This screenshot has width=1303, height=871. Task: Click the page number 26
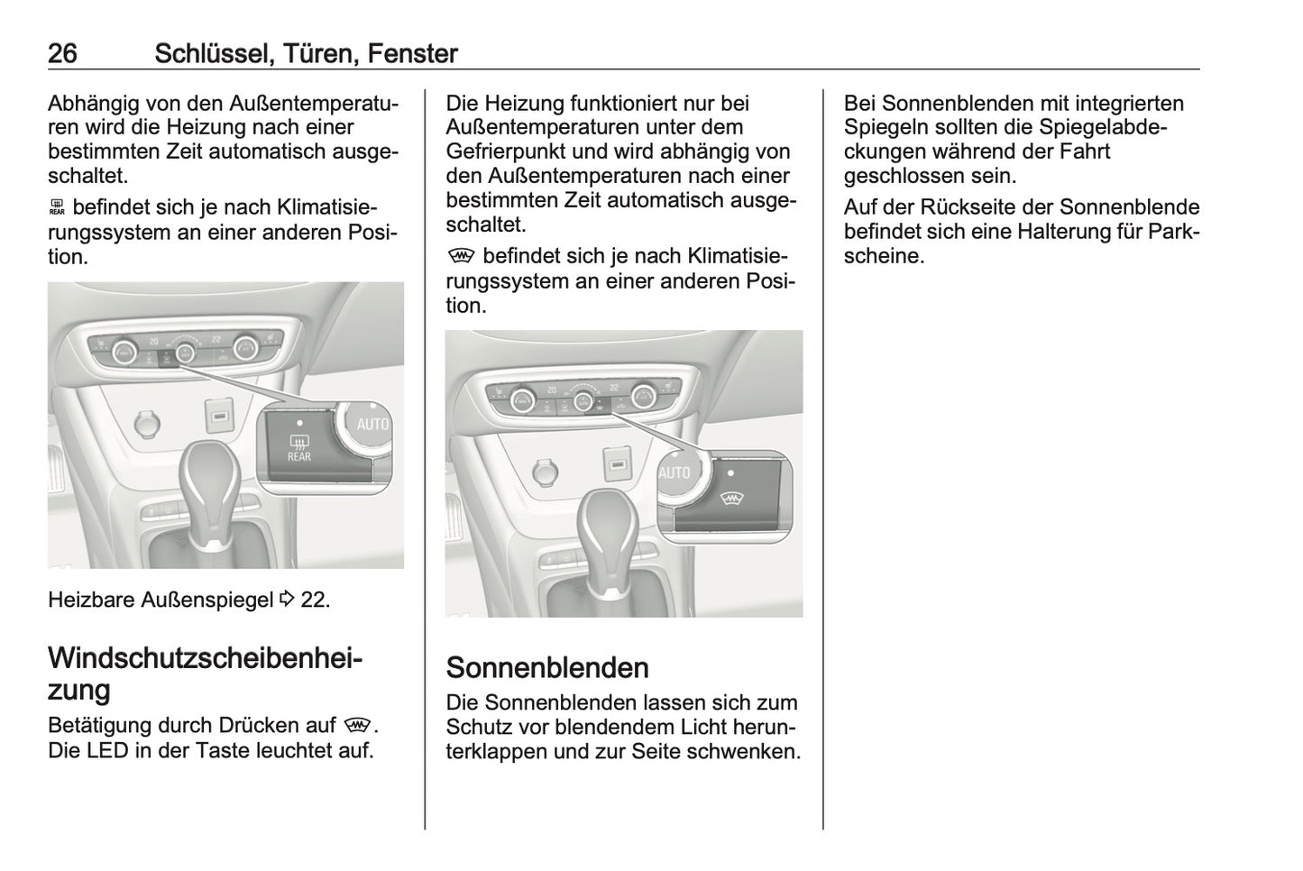coord(62,54)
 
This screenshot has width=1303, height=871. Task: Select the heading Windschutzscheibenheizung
coord(205,674)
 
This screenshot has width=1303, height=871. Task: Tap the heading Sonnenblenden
coord(546,667)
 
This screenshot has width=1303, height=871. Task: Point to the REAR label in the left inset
coord(298,457)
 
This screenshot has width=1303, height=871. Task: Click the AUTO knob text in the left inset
coord(372,424)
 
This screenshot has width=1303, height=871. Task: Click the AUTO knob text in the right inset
coord(674,472)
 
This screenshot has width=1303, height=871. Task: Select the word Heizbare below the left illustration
coord(91,600)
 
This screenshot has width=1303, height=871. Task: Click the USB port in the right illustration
coord(617,465)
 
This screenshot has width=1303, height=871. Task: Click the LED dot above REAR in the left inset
coord(299,422)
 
